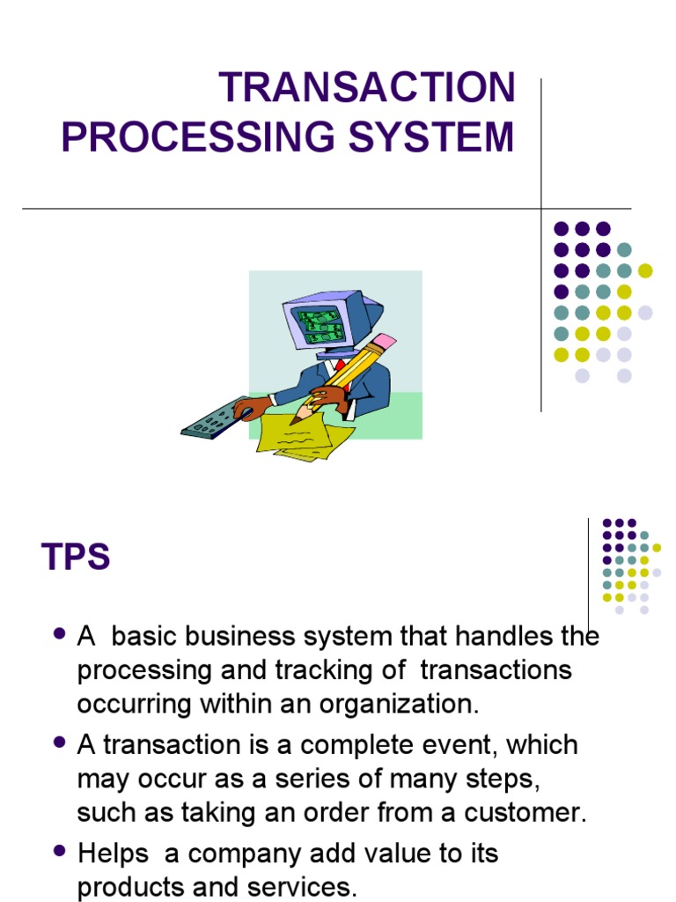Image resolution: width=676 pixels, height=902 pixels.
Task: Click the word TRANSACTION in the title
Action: [x=367, y=88]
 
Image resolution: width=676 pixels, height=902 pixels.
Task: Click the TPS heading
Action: [x=76, y=558]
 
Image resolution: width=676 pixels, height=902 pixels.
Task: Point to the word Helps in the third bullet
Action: [x=113, y=854]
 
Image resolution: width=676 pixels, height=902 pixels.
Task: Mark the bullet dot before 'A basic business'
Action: [x=60, y=633]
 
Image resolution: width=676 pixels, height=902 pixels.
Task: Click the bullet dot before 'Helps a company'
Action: [x=60, y=851]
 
